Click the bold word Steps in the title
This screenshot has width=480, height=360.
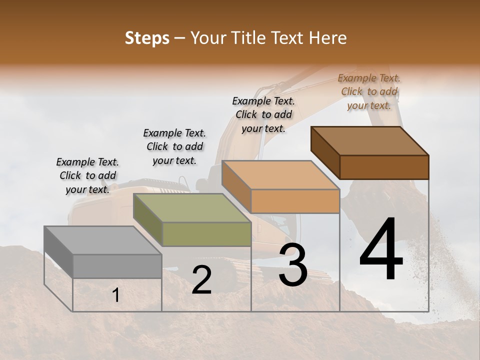tap(146, 38)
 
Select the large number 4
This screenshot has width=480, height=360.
tap(381, 250)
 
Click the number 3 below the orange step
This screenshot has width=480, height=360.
tap(293, 265)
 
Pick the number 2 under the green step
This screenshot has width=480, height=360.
tap(201, 280)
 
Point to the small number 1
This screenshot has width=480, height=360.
tap(115, 295)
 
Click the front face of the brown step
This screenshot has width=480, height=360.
tap(384, 167)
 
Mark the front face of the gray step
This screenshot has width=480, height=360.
tap(117, 266)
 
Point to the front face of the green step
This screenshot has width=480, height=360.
tap(206, 234)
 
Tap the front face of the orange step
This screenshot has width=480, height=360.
tap(295, 201)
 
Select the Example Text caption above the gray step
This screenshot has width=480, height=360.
tap(87, 175)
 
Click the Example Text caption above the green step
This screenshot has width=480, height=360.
tap(174, 146)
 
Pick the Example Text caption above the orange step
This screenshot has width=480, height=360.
tap(263, 114)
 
